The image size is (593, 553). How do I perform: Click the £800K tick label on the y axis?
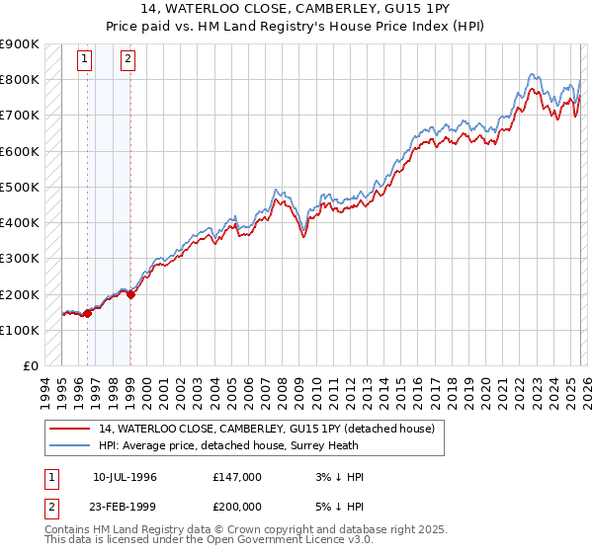20,80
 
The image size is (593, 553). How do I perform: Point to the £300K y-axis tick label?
20,259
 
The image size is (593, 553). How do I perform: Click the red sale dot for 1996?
87,314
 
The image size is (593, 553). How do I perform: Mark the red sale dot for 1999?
130,294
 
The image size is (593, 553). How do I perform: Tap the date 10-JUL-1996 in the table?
125,477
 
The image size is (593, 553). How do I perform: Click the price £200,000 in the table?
237,506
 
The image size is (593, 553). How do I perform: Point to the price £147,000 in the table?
237,477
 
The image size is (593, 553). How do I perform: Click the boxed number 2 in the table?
50,506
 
